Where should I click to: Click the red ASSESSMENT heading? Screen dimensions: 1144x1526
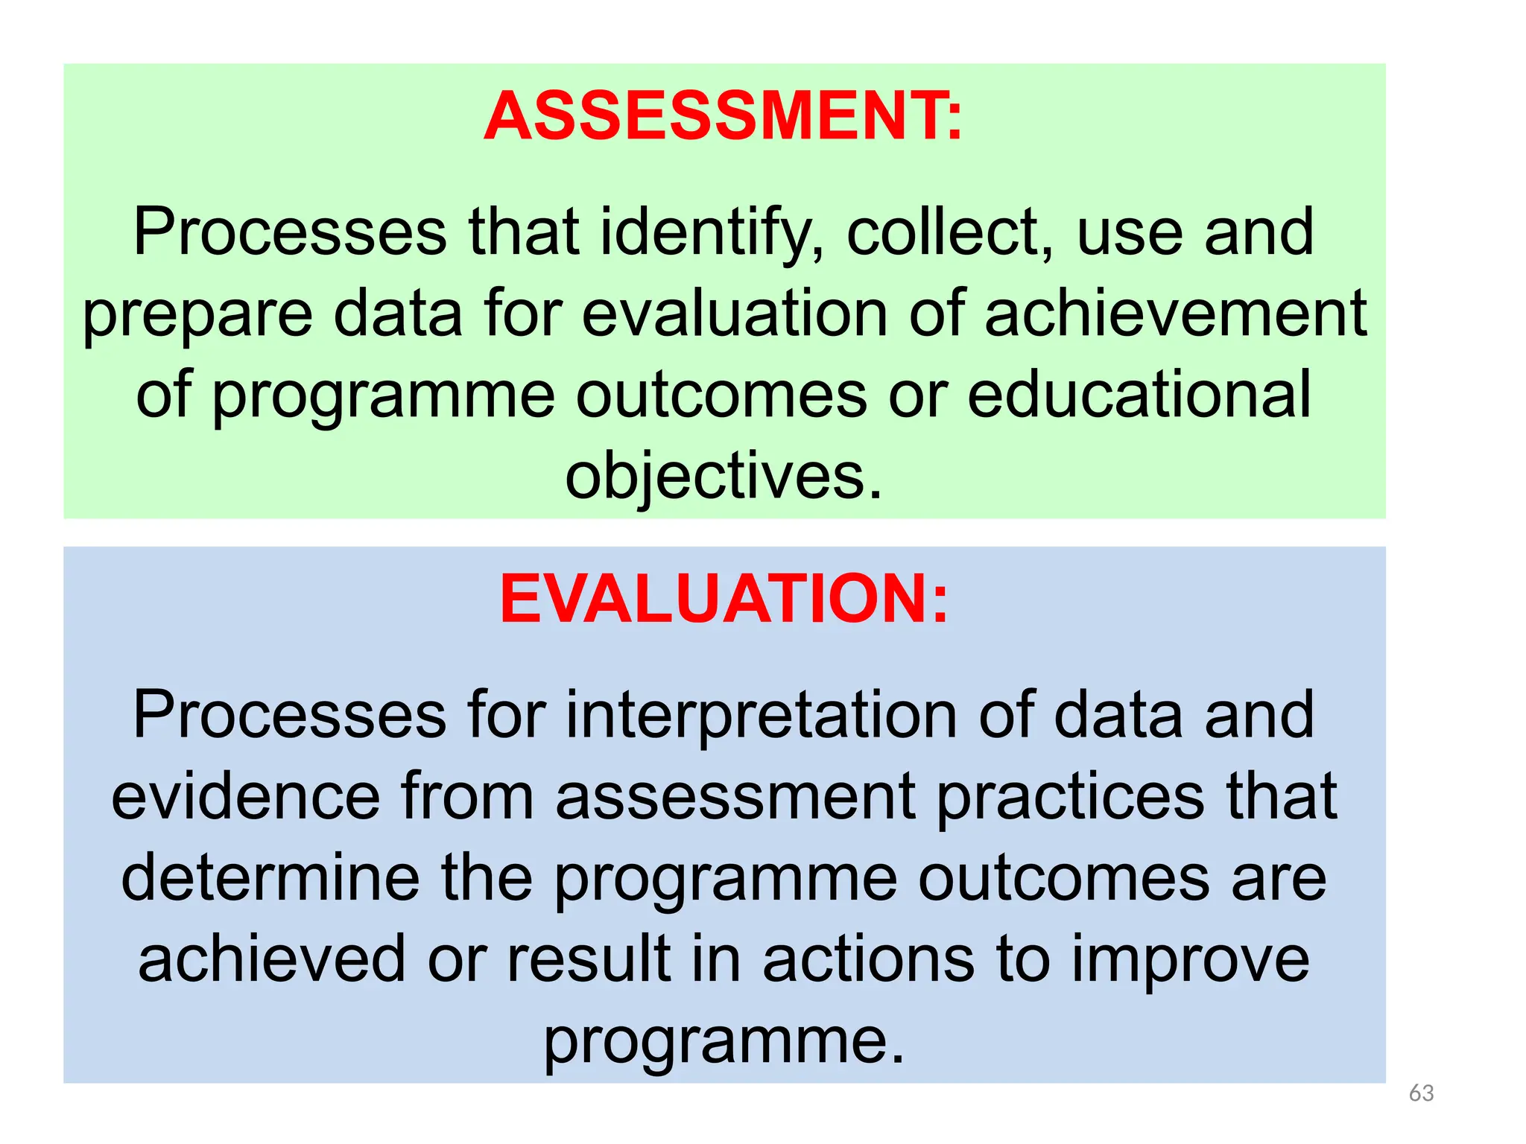(x=723, y=116)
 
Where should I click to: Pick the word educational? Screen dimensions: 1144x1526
(x=1139, y=395)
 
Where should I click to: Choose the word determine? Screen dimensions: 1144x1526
(x=270, y=879)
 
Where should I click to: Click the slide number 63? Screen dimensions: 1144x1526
(x=1421, y=1093)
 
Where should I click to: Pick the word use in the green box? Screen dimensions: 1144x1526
(x=1129, y=234)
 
